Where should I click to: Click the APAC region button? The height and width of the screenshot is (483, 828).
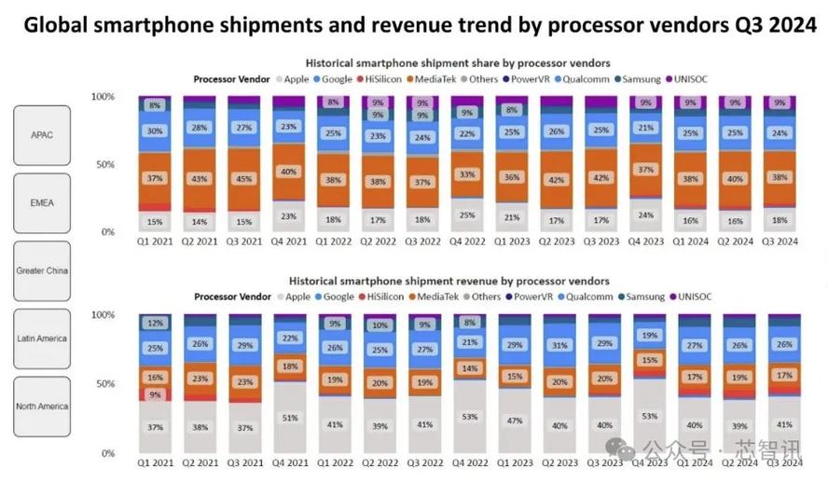click(x=42, y=135)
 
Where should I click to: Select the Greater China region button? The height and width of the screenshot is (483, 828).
click(x=42, y=271)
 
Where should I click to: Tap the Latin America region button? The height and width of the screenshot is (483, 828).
click(x=42, y=338)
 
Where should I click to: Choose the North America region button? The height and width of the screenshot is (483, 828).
click(x=42, y=407)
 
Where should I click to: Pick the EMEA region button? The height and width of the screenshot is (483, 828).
click(x=42, y=202)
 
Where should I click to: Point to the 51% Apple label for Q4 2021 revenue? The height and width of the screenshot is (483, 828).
click(x=290, y=418)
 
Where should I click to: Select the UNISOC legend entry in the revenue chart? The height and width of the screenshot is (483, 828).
click(x=690, y=297)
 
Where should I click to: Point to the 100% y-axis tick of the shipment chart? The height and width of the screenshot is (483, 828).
click(x=103, y=96)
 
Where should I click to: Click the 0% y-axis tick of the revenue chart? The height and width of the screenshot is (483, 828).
click(x=107, y=453)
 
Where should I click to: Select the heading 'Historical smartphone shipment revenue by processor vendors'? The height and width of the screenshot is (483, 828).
click(x=449, y=281)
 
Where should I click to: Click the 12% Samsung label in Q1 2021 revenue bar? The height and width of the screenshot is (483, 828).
click(x=155, y=324)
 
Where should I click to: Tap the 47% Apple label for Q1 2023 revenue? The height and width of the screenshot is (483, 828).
click(x=515, y=421)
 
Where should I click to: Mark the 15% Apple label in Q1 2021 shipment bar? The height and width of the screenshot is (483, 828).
click(x=155, y=221)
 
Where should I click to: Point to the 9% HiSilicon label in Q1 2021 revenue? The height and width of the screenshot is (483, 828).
click(x=155, y=394)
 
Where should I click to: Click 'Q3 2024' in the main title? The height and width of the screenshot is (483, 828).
click(x=771, y=25)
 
